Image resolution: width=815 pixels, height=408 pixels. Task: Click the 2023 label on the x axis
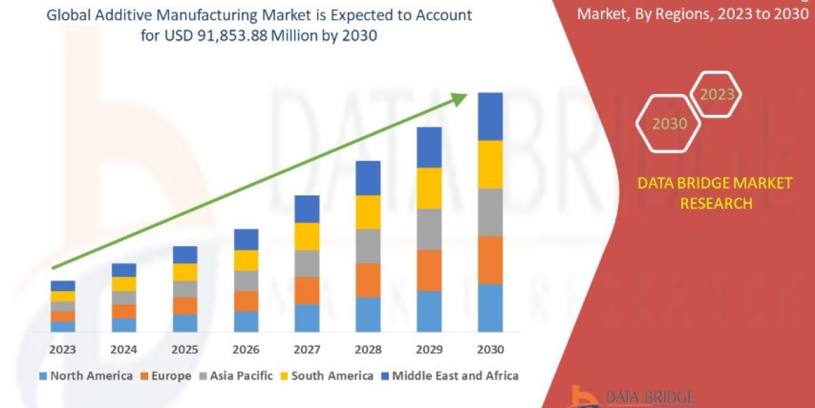coord(62,350)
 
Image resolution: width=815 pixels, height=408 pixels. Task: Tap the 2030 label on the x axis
coord(490,350)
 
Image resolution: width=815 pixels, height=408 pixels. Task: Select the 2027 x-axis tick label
coord(307,350)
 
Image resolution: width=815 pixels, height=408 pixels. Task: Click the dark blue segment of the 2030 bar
coord(490,116)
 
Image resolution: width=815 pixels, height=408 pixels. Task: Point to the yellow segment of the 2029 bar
coord(429,188)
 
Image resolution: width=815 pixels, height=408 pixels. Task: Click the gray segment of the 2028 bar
coord(368,246)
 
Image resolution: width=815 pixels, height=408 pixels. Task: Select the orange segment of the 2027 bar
coord(307,290)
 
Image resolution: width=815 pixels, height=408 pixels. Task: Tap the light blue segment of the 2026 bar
coord(246,322)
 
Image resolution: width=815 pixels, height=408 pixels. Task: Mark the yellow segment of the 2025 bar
coord(185,272)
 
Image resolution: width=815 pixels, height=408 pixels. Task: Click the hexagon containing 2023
coord(717,95)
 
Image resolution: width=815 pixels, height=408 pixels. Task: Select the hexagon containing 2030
coord(669,124)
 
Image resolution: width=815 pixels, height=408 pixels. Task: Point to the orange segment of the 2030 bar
coord(490,260)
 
